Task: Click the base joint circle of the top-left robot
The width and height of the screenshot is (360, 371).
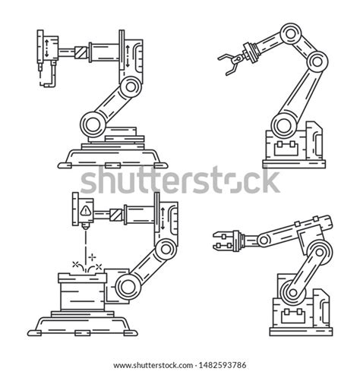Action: coord(93,121)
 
